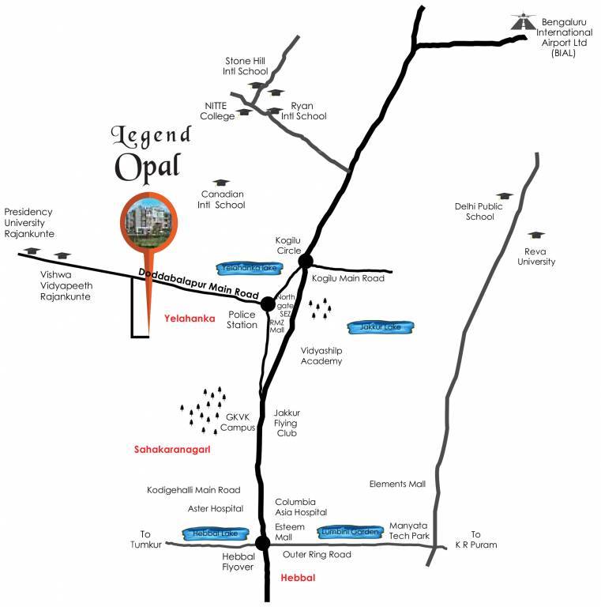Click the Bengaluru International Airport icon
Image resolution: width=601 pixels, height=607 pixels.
click(520, 23)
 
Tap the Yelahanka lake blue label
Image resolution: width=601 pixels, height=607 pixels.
click(245, 268)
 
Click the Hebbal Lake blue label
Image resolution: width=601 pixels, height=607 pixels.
click(211, 533)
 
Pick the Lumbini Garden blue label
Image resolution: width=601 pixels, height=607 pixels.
click(351, 532)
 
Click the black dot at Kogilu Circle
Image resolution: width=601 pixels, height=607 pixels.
click(306, 261)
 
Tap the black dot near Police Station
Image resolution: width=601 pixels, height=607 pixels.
click(268, 303)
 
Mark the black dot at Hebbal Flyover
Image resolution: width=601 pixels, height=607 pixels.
click(261, 542)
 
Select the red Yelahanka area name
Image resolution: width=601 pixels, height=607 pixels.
click(189, 318)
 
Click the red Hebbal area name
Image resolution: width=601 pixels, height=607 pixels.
click(298, 579)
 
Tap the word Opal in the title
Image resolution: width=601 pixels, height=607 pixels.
click(148, 165)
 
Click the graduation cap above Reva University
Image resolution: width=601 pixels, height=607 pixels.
click(535, 236)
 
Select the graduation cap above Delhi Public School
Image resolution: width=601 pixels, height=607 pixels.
click(503, 195)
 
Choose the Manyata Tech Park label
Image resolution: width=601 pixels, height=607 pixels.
click(409, 530)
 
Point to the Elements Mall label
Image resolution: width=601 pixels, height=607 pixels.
click(397, 484)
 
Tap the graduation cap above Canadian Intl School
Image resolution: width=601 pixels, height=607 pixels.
click(220, 183)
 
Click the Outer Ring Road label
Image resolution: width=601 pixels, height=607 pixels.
click(317, 555)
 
